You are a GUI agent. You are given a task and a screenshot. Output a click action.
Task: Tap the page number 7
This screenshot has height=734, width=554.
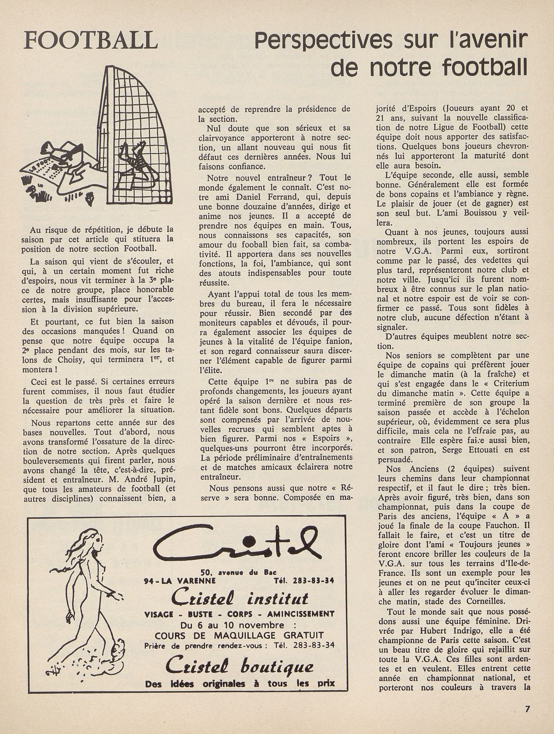tap(528, 709)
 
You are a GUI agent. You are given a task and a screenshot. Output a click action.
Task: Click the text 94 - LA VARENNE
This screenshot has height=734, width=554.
tap(172, 581)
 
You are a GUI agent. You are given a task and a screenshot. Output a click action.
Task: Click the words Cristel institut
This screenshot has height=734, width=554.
tap(240, 598)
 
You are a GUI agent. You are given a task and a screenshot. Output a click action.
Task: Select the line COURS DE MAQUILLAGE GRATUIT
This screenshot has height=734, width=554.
tap(239, 635)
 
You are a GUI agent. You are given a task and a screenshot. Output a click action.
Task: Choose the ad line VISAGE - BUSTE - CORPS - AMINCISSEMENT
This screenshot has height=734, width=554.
tap(239, 614)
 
